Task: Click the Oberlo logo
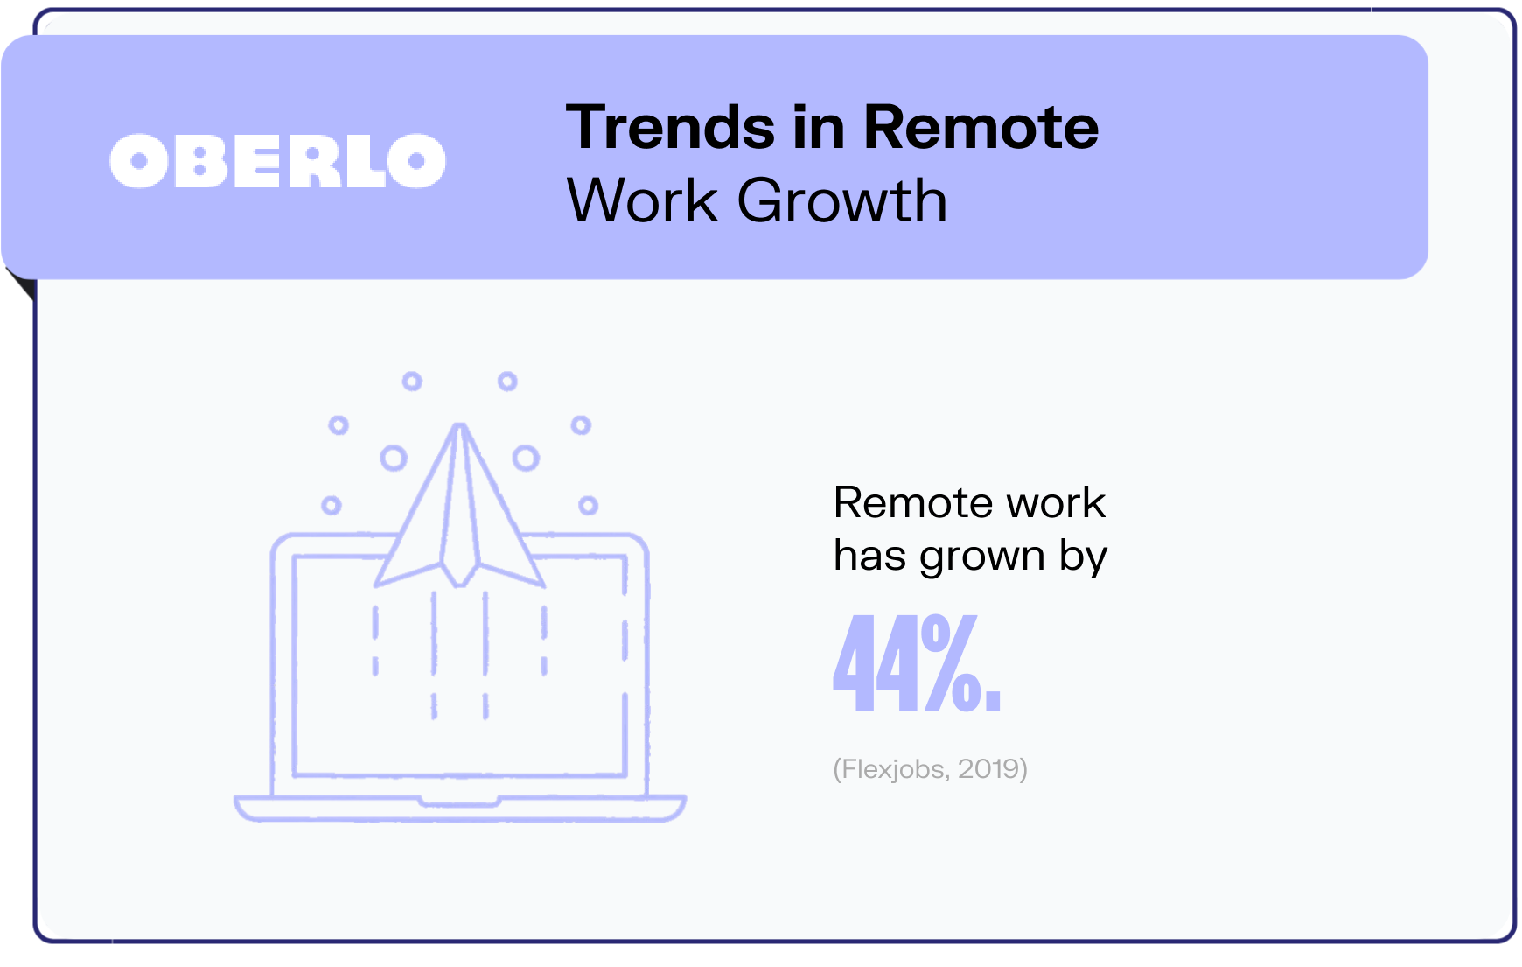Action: tap(277, 161)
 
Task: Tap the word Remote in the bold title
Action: tap(981, 128)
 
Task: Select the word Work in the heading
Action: tap(642, 200)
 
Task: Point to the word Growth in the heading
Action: tap(842, 200)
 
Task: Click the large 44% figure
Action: tap(917, 662)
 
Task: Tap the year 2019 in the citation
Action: tap(988, 768)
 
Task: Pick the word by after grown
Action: tap(1083, 556)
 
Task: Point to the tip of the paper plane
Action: tap(459, 426)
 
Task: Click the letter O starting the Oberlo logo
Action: tap(138, 161)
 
